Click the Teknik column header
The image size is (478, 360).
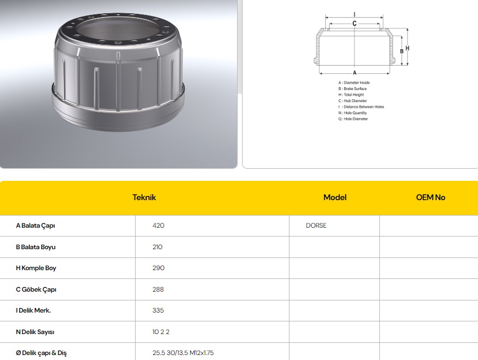144,197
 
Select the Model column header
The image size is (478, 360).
335,197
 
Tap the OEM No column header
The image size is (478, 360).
431,197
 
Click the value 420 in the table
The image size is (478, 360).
158,225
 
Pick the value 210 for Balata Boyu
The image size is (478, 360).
157,247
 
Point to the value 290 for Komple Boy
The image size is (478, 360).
158,268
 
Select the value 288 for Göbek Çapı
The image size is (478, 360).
158,289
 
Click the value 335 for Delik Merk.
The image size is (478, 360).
158,310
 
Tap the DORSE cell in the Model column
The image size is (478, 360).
316,225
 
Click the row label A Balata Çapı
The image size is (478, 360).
35,226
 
